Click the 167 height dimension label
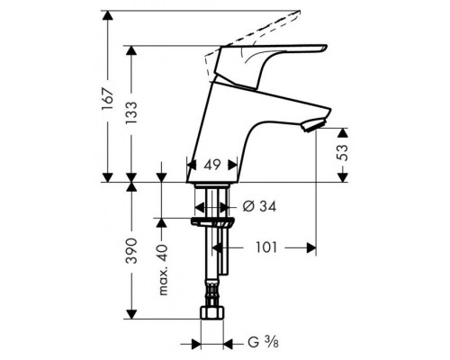point(108,99)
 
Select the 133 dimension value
point(131,112)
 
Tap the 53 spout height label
point(342,153)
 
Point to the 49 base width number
point(212,165)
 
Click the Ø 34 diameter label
point(259,206)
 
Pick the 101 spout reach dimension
point(266,247)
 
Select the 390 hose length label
point(131,251)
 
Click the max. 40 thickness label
point(163,269)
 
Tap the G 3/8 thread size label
point(263,342)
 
